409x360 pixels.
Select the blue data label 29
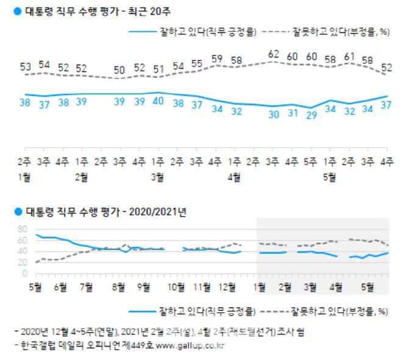[311, 115]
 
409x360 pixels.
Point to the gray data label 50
[120, 68]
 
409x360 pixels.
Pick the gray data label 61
[349, 56]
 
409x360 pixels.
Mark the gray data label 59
[215, 59]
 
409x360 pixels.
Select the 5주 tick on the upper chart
[311, 162]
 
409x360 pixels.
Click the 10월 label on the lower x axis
[176, 286]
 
